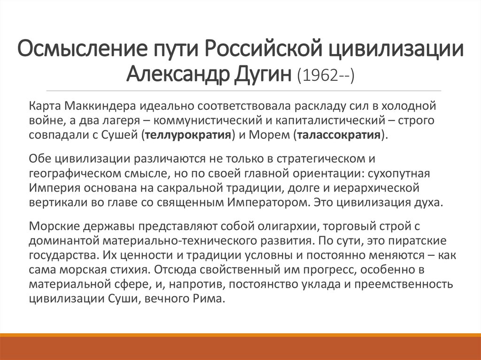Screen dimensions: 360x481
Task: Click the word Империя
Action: (51, 189)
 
